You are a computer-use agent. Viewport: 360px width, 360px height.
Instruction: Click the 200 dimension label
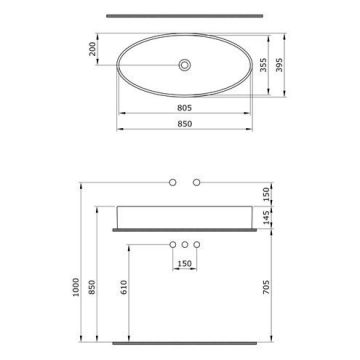(x=92, y=49)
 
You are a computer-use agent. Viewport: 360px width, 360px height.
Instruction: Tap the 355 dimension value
(x=263, y=64)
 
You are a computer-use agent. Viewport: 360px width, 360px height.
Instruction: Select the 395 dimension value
(x=279, y=64)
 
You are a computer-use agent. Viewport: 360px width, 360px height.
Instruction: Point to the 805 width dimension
(x=184, y=108)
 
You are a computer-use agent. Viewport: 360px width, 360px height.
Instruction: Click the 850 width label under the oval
(x=184, y=124)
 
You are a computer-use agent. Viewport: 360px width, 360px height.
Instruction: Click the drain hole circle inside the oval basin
(x=184, y=65)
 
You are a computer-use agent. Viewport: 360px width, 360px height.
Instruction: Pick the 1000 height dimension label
(x=76, y=287)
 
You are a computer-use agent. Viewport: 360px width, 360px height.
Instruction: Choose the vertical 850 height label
(x=92, y=287)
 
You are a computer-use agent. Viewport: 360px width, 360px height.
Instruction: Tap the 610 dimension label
(x=124, y=287)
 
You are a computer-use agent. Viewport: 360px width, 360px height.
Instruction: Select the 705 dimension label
(x=267, y=287)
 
